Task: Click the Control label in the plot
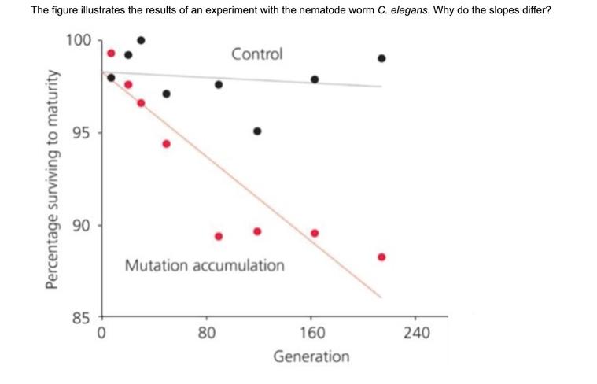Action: click(256, 54)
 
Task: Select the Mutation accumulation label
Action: click(205, 265)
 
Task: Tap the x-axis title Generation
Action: click(311, 356)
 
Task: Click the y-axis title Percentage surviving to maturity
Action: click(54, 179)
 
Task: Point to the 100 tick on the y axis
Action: click(78, 40)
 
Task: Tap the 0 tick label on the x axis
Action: click(101, 333)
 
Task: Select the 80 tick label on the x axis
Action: click(206, 333)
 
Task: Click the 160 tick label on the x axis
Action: click(311, 333)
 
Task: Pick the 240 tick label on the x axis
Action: click(416, 333)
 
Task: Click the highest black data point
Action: click(141, 40)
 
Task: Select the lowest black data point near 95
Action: click(257, 131)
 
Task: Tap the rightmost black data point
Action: click(381, 58)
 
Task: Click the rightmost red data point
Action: click(381, 257)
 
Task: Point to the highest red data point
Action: click(111, 54)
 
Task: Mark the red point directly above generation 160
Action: click(315, 233)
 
